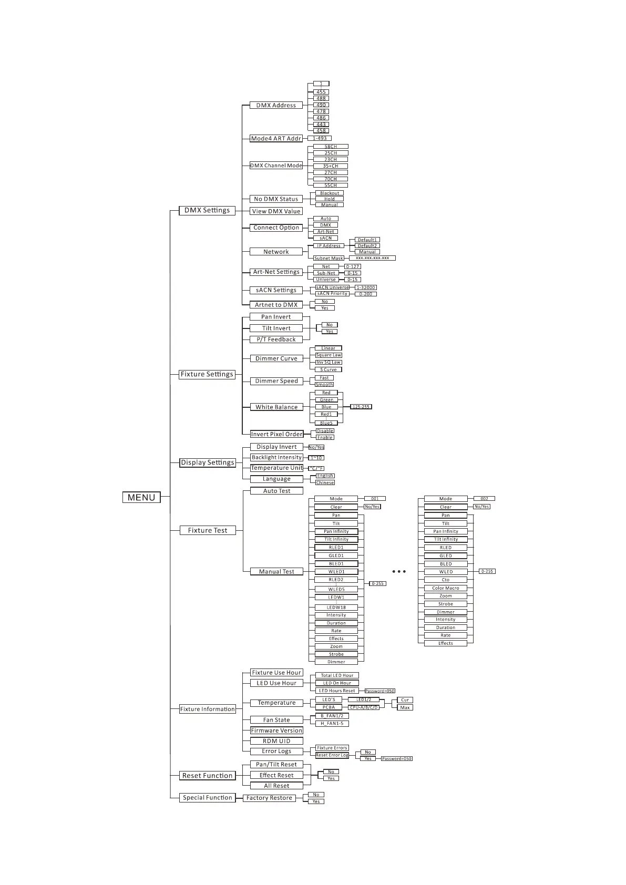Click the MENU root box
(x=141, y=497)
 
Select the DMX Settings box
(x=207, y=210)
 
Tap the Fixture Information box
(x=207, y=709)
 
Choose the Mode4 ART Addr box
(x=276, y=139)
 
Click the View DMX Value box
(x=276, y=211)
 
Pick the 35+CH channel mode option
(x=330, y=166)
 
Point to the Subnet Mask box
(x=329, y=258)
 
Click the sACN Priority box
(x=332, y=294)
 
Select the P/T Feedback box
(x=276, y=339)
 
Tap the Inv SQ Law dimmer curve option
(x=329, y=362)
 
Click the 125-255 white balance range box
(x=361, y=407)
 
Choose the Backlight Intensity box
(x=276, y=457)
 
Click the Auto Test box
(x=276, y=491)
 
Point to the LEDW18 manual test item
(x=336, y=608)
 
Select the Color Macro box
(x=445, y=588)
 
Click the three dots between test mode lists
(x=399, y=571)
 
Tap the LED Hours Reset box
(x=337, y=691)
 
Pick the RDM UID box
(x=276, y=741)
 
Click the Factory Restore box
(x=269, y=798)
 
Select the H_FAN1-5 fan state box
(x=332, y=724)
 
